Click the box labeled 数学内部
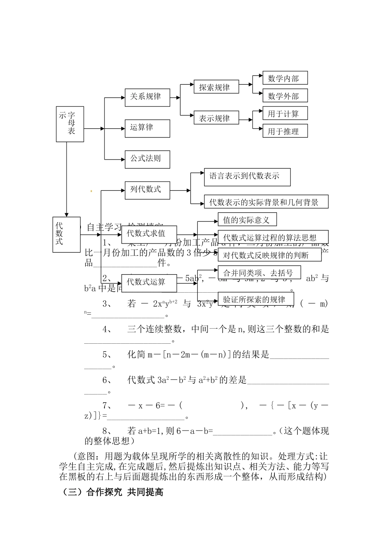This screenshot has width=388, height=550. (x=285, y=78)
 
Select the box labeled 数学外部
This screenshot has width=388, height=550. (x=285, y=96)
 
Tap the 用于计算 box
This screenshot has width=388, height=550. (x=285, y=114)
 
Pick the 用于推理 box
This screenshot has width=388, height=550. (x=285, y=131)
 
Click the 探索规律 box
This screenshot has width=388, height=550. (x=216, y=87)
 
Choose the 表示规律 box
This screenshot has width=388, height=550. (x=216, y=118)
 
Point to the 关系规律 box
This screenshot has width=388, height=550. (x=147, y=97)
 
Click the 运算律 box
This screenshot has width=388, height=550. (x=147, y=128)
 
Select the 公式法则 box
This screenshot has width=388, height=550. (x=147, y=159)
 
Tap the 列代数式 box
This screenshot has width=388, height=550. (x=147, y=190)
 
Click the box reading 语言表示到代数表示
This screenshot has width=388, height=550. (x=247, y=177)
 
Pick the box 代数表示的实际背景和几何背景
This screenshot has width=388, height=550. (x=266, y=202)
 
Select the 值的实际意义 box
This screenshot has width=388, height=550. (x=247, y=220)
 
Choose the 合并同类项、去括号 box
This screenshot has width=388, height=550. (x=259, y=273)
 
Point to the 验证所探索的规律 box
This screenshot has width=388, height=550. (x=256, y=299)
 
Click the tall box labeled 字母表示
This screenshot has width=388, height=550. (x=70, y=124)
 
